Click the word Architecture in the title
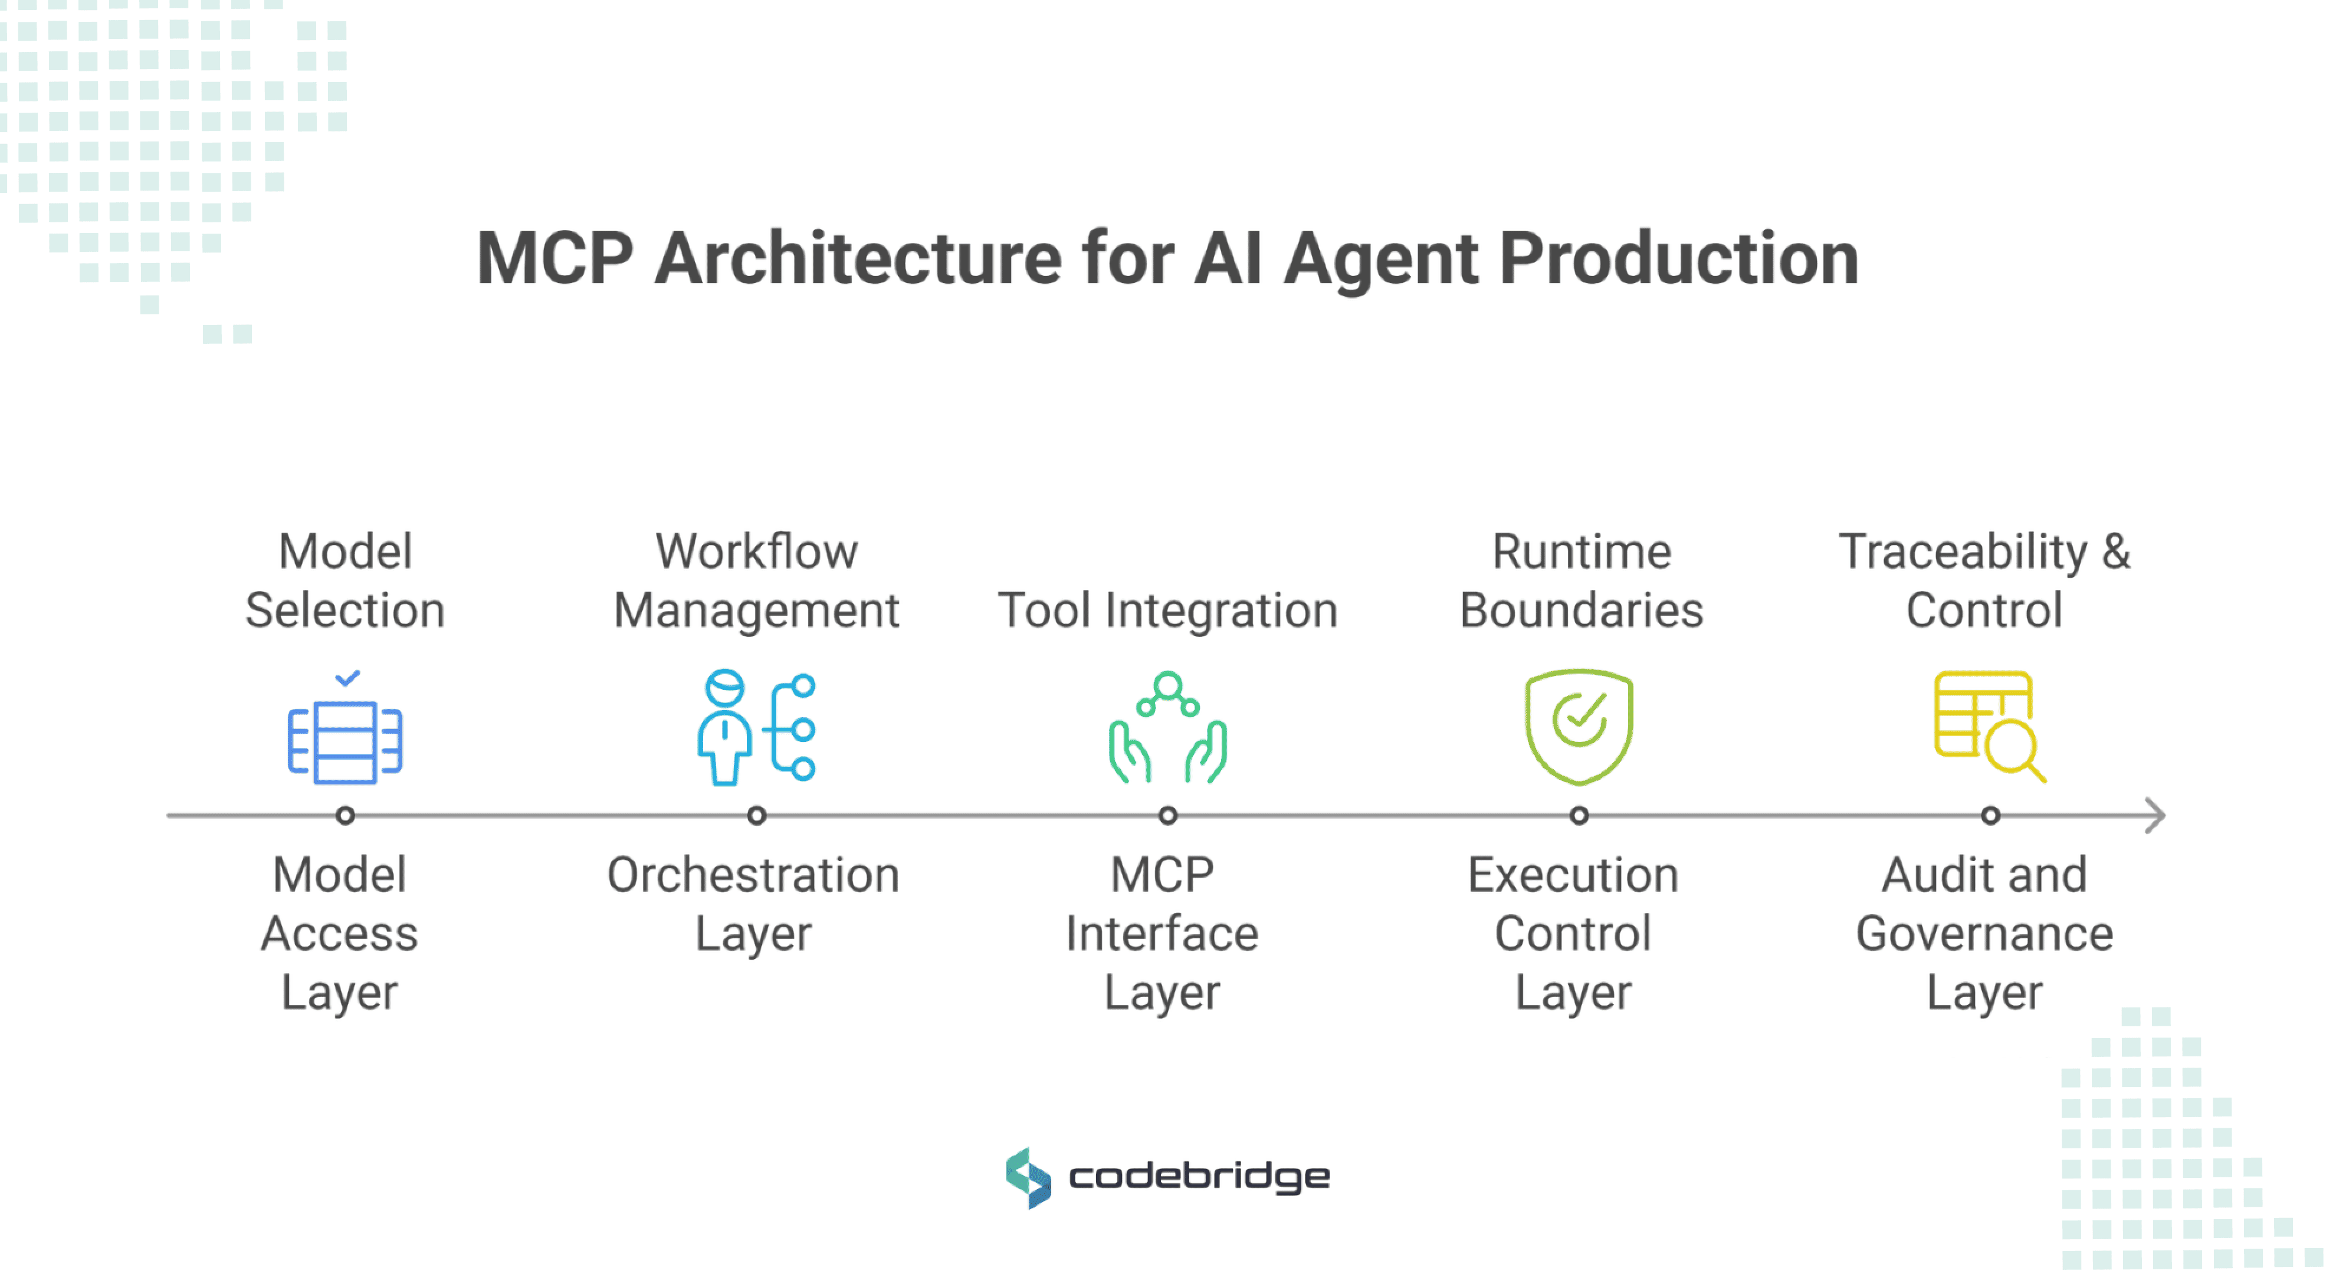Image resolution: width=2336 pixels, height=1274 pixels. coord(857,260)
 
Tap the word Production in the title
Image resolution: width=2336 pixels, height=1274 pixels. coord(1678,260)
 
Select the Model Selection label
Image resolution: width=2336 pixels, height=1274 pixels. coord(345,580)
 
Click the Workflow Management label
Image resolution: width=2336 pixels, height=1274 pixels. coord(756,580)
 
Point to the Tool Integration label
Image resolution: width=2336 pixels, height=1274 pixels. coord(1168,610)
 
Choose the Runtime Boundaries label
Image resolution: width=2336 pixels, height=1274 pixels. coord(1580,580)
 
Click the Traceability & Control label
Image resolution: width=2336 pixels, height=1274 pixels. coord(1984,580)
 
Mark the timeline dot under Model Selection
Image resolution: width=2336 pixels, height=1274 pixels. coord(345,815)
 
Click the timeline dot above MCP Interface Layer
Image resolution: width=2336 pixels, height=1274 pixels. coord(1168,815)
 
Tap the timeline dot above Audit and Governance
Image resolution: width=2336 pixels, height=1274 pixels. coord(1990,815)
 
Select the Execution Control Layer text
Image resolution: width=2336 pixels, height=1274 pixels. coord(1573,934)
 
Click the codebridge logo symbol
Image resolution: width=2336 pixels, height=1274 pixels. coord(1028,1178)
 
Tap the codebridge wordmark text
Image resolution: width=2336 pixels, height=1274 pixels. coord(1199,1178)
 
